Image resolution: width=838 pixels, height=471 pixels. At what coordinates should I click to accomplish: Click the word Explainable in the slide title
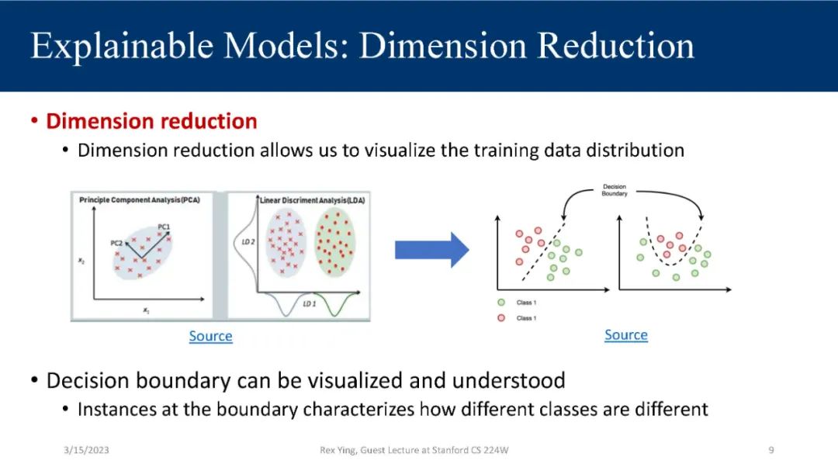122,47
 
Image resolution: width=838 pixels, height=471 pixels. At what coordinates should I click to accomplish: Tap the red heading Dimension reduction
151,121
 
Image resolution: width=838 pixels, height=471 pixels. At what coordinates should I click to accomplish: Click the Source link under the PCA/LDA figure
210,336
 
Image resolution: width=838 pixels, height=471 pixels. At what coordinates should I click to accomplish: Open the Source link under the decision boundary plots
626,335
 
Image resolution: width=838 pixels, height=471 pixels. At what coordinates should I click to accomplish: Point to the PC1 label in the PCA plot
164,227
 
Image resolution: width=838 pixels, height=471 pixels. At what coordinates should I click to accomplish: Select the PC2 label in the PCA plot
116,243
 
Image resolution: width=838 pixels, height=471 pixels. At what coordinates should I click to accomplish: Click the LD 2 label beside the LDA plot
248,242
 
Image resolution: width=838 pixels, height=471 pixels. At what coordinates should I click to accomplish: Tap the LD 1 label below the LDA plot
310,303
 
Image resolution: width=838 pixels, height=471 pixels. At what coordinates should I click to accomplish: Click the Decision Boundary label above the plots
615,190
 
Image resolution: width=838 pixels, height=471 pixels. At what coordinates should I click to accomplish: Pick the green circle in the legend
500,303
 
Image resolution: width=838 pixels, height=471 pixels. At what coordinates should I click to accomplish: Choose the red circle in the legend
500,318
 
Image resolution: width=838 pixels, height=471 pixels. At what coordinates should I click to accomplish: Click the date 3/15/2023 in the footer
86,450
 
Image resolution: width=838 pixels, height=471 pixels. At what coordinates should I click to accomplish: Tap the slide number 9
771,450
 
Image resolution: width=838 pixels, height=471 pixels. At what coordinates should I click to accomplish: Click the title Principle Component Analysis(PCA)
140,200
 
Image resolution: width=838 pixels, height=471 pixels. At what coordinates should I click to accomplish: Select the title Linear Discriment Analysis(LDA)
313,200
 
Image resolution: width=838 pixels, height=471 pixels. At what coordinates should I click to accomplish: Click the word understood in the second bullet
508,381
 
